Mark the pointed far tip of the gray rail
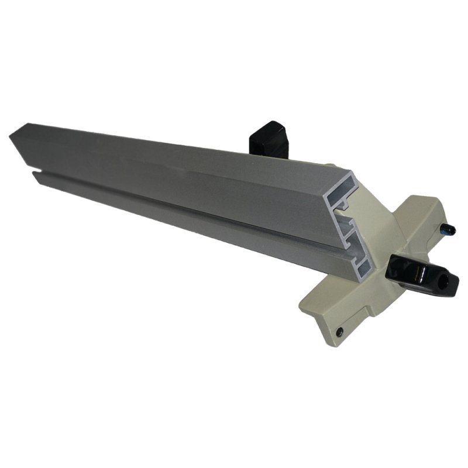[12, 136]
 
